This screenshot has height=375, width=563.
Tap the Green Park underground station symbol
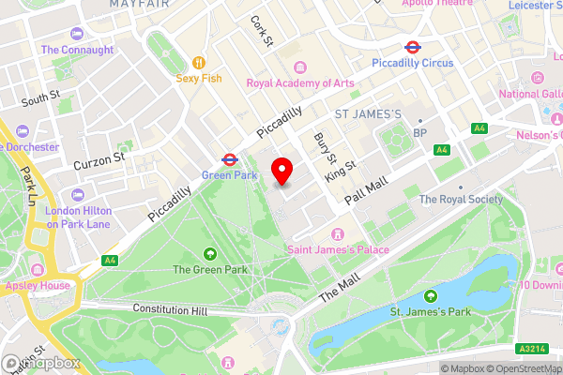(x=228, y=159)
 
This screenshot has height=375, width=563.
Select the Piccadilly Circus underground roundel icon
(x=411, y=47)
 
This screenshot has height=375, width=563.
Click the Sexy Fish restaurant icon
(x=198, y=62)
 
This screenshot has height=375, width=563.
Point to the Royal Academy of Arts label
(x=300, y=82)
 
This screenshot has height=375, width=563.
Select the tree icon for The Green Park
(x=208, y=253)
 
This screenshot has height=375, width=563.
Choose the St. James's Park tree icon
(x=432, y=296)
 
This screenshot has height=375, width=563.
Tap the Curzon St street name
(x=99, y=160)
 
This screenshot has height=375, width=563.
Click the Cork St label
(x=262, y=31)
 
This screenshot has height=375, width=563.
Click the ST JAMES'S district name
(x=368, y=114)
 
